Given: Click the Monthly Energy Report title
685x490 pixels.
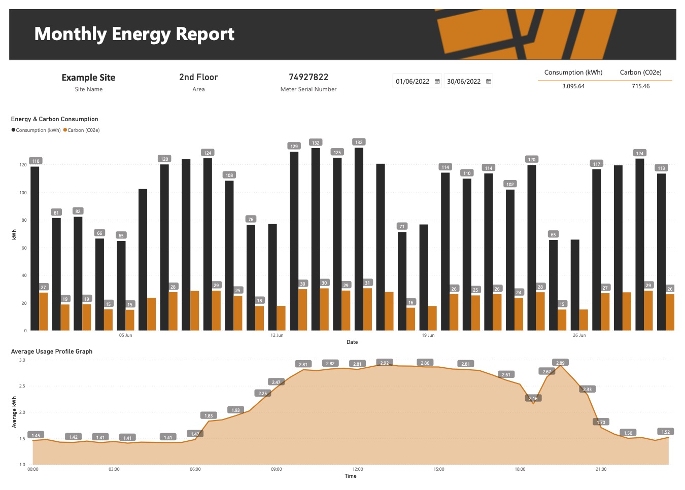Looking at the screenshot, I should (x=134, y=34).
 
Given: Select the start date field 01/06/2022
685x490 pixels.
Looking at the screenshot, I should (x=413, y=81).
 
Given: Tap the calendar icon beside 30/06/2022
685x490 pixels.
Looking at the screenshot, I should (x=489, y=81).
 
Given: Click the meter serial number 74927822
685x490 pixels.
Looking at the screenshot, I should (x=309, y=77).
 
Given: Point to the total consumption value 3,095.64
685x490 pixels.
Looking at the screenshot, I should (x=573, y=86).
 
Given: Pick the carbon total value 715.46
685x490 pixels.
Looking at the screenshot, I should (x=640, y=86).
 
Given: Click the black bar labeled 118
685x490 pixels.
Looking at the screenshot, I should (x=35, y=249).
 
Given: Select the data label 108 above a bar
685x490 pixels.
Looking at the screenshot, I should (x=229, y=176).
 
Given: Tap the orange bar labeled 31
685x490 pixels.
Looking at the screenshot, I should (x=367, y=309).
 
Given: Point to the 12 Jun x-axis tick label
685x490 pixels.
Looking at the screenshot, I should (x=277, y=335).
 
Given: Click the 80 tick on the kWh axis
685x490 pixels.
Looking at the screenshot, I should (x=23, y=220).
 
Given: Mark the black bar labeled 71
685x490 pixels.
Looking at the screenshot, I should (x=402, y=281).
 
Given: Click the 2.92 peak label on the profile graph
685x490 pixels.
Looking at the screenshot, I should (x=385, y=363).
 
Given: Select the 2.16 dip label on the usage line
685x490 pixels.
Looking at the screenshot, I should (x=533, y=399).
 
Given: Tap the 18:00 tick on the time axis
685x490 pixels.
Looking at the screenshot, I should (x=520, y=469).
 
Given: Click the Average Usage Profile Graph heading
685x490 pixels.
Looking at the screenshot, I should (x=52, y=352).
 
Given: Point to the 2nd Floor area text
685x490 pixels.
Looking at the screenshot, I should (x=198, y=77).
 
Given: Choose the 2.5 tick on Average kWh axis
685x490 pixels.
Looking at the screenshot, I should (x=22, y=387).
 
